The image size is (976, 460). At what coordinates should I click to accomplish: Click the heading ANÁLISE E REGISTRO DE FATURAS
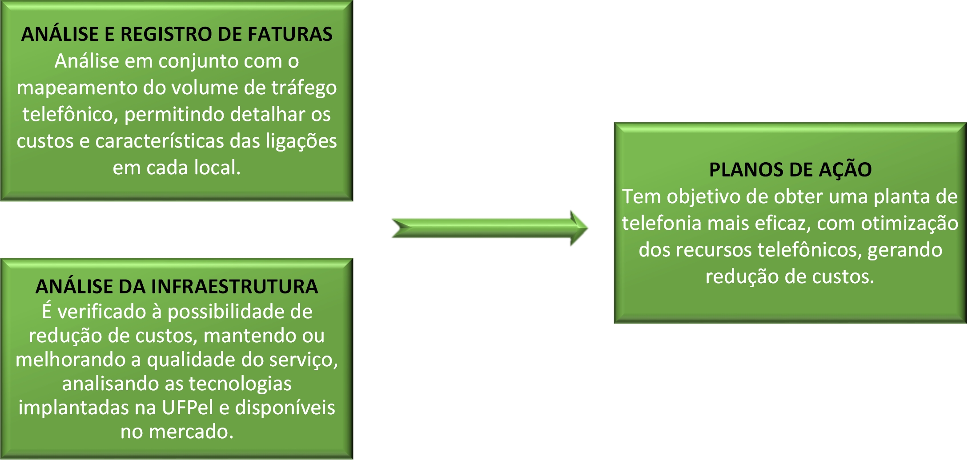[177, 34]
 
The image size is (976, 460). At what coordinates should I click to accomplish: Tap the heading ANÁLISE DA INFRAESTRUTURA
[177, 287]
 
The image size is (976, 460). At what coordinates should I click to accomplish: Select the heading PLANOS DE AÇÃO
[790, 170]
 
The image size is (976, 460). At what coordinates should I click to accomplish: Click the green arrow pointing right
[489, 228]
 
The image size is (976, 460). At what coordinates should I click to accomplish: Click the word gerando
[904, 250]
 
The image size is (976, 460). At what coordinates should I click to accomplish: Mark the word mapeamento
[76, 88]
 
